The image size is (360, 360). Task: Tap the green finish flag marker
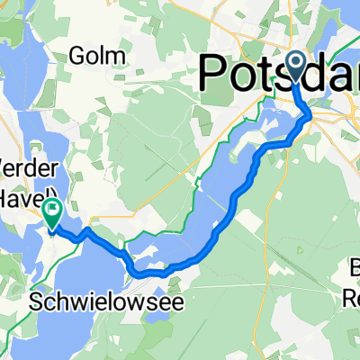click(51, 214)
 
